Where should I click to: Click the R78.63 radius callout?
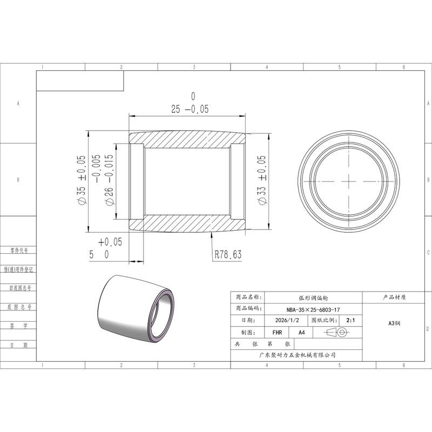point(228,254)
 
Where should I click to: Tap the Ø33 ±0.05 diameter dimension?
point(262,180)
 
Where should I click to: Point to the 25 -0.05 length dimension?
point(190,109)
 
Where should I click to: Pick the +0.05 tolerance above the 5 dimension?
point(110,242)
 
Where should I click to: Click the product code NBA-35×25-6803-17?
point(313,309)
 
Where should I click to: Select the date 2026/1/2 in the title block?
point(287,320)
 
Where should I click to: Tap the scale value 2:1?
point(350,320)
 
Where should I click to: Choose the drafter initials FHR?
point(277,333)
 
